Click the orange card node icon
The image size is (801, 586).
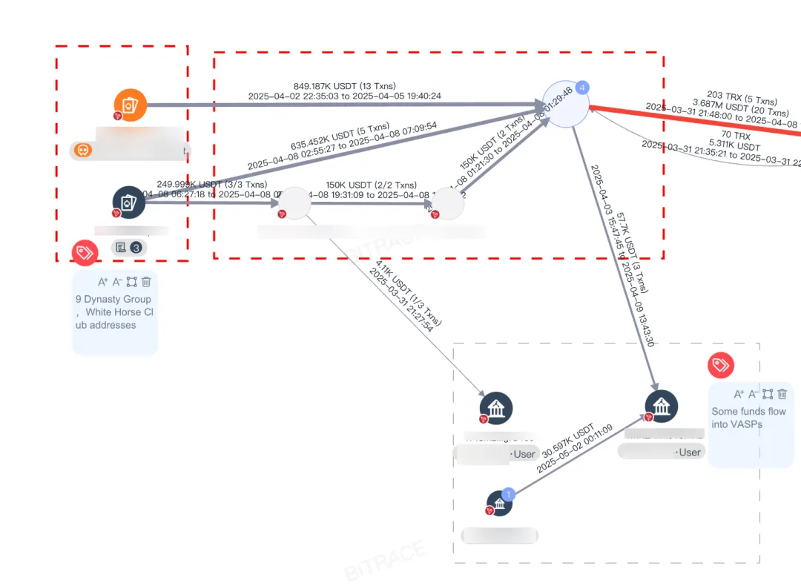pos(131,105)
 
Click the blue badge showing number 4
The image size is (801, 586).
pos(583,88)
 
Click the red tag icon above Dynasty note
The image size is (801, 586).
pos(85,253)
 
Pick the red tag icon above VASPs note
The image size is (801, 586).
pos(721,365)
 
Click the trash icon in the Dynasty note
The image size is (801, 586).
pos(147,282)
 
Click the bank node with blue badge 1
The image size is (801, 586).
pos(499,504)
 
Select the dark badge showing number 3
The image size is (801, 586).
pos(136,247)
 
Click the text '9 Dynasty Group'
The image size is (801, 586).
pos(113,300)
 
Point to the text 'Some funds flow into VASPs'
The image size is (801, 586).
pos(748,418)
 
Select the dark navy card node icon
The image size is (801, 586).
pos(128,202)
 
